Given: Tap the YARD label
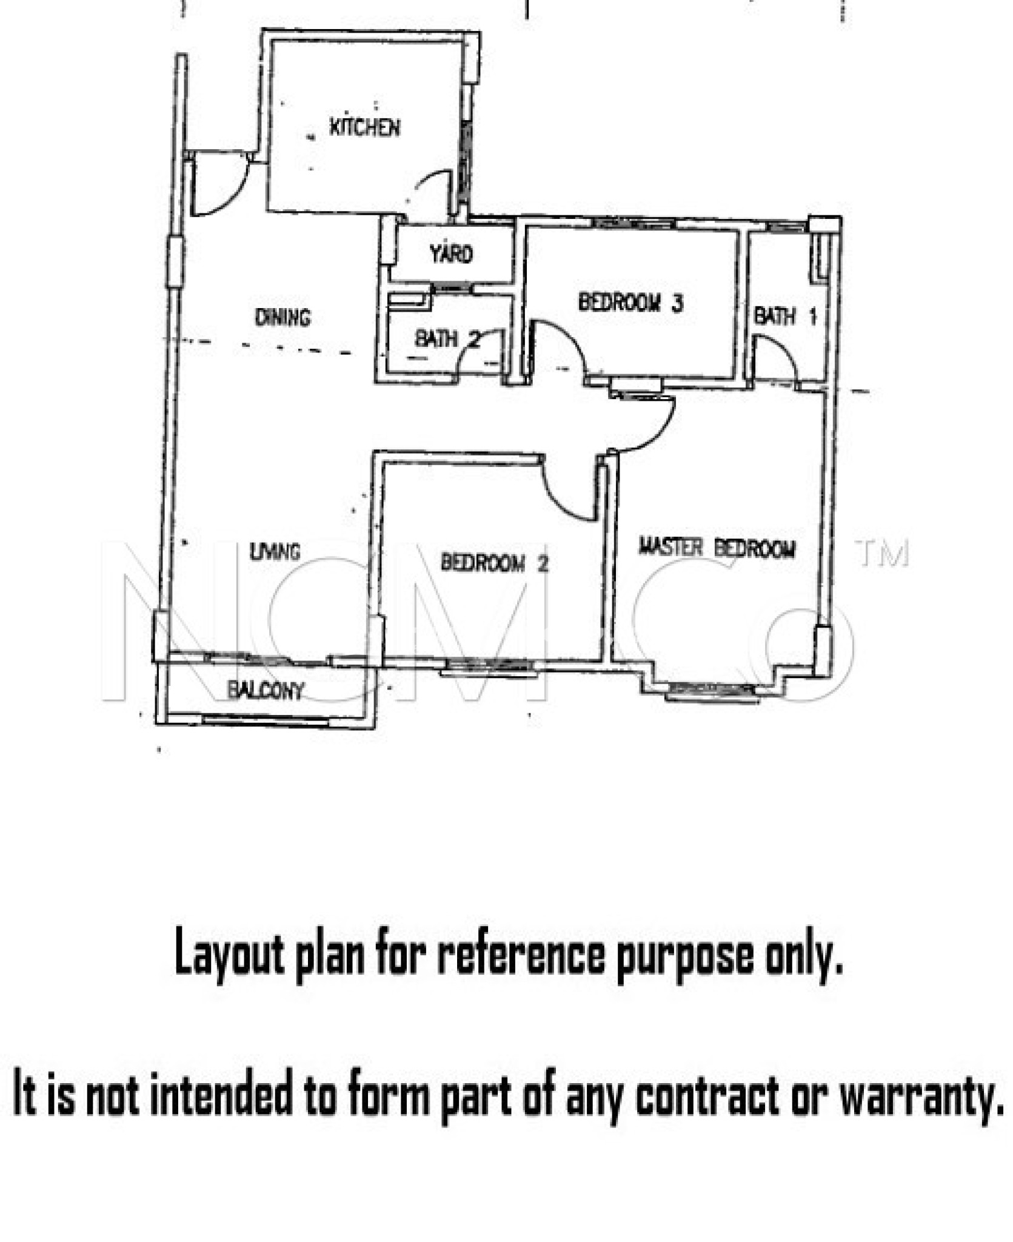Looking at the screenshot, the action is tap(452, 253).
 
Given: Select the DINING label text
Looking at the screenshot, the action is tap(283, 317).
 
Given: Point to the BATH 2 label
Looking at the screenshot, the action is tap(447, 338).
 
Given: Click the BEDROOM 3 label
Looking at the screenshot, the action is tap(630, 302).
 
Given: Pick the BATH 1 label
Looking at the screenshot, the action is tap(785, 316).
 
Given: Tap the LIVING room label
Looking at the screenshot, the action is tap(275, 551).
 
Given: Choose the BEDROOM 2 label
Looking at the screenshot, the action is tap(495, 563).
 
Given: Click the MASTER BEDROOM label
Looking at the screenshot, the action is tap(717, 548).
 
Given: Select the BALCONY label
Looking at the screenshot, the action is tap(266, 690).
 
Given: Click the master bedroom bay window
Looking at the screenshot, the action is tap(712, 689).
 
